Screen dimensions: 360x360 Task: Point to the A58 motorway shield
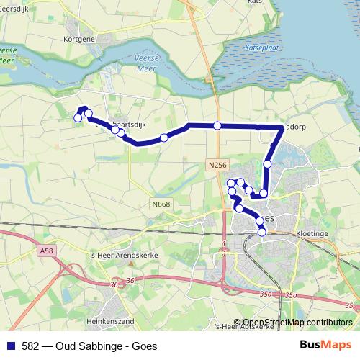[47, 250]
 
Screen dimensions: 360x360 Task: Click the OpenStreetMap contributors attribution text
[297, 323]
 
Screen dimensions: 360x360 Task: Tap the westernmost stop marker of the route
[78, 117]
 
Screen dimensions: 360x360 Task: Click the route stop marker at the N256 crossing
[217, 126]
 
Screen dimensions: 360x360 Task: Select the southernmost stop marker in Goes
[262, 232]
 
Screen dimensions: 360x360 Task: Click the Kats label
[255, 2]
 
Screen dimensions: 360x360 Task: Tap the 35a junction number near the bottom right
[291, 294]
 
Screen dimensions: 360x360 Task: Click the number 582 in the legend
[32, 346]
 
